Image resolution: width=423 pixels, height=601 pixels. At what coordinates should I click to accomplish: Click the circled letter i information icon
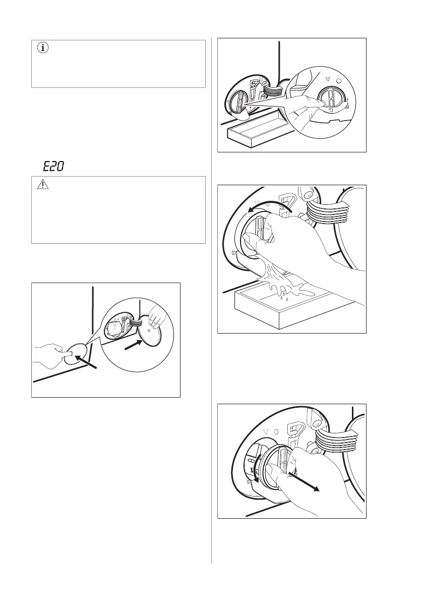point(43,48)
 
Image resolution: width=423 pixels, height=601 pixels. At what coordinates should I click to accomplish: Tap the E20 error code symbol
point(53,167)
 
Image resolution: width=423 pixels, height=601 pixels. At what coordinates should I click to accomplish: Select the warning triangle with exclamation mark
point(43,185)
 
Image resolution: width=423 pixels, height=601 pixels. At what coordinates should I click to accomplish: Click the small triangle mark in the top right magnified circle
point(327,79)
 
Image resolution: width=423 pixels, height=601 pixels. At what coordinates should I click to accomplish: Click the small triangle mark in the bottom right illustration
point(266,431)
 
